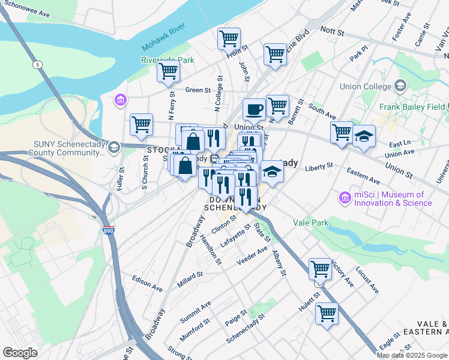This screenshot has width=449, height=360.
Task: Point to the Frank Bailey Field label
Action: (412, 107)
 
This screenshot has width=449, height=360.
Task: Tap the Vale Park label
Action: (310, 223)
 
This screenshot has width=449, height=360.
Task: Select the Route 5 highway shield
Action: (38, 64)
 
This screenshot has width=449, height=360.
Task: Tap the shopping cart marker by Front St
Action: (229, 38)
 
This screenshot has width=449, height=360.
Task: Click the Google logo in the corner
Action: (20, 353)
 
